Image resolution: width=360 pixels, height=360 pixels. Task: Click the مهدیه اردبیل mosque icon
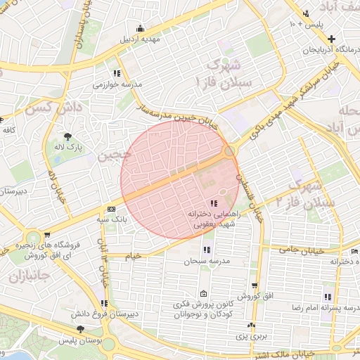click(140, 29)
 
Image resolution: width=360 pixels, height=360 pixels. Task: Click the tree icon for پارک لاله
click(68, 136)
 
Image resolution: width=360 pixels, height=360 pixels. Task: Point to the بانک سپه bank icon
click(111, 209)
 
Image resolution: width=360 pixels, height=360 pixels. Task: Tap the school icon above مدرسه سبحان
click(207, 250)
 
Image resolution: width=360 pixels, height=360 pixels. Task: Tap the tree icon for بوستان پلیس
click(81, 329)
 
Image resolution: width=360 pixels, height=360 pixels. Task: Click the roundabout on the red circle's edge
click(230, 151)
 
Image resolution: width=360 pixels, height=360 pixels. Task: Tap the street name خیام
click(134, 255)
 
